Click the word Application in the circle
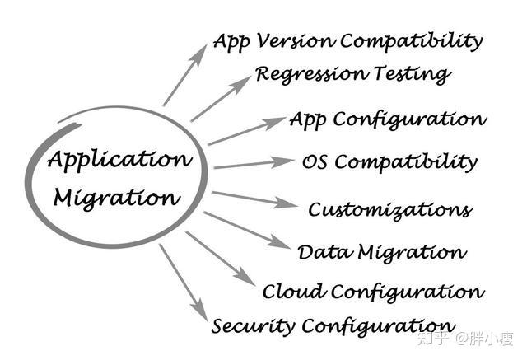coord(119,159)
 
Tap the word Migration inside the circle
coord(117,199)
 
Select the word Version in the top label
coord(295,41)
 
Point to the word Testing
coord(413,74)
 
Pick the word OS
coord(315,161)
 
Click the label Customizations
coord(390,210)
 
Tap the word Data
coord(324,252)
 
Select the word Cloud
coord(294,291)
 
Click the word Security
coord(253,325)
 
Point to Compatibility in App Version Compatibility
coord(412,41)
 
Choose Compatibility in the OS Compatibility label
coord(406,162)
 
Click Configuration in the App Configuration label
coord(410,119)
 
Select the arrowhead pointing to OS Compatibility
coord(282,161)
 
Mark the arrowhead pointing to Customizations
coord(286,203)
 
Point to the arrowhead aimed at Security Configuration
coord(200,309)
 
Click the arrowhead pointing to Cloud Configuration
coord(245,276)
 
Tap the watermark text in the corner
coord(465,339)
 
